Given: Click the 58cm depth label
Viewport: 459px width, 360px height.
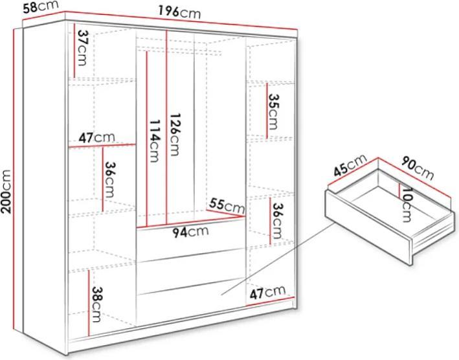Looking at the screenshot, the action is point(41,6).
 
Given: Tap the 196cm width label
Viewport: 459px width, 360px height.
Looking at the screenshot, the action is point(180,12).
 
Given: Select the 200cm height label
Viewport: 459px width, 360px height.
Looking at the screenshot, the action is point(6,192).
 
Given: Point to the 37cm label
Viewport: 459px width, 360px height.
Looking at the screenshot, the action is point(82,48).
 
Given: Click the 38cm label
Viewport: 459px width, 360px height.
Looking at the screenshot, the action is point(96,304).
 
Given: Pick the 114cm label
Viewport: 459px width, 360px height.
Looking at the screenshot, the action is point(154,141).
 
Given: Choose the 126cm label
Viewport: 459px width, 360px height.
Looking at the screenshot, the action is point(174,135).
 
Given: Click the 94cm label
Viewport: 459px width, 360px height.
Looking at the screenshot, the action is point(190,232).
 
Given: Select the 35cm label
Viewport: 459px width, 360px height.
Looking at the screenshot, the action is point(273,111).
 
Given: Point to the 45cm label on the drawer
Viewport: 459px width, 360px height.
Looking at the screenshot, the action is point(350,165).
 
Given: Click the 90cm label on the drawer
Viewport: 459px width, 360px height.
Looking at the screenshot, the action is point(417,168).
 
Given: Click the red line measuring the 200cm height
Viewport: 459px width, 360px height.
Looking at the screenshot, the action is point(14,179).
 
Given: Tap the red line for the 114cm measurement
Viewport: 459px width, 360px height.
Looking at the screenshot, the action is point(147,139).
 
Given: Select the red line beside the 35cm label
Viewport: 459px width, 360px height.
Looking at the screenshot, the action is point(267,111).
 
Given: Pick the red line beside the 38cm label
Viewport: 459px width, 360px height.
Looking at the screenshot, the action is point(89,302).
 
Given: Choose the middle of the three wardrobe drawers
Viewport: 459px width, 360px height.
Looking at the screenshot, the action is point(190,271).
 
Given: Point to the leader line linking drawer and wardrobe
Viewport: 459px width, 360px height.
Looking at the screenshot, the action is point(278,258).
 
